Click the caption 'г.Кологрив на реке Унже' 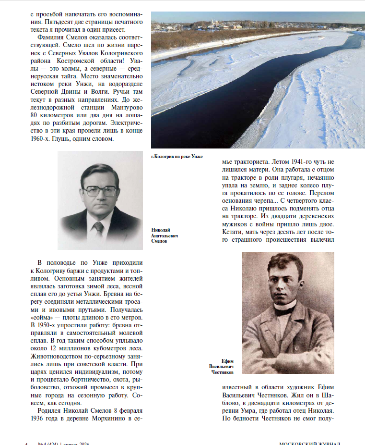click(x=177, y=157)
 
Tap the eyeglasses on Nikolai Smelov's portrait click(x=100, y=191)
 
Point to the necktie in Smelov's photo click(x=98, y=229)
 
